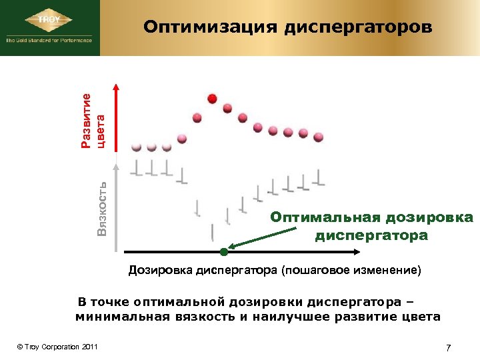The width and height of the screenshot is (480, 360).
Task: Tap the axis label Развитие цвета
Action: (x=93, y=120)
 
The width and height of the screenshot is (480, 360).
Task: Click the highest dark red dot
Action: (x=212, y=99)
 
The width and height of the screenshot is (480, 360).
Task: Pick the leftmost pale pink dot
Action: (x=137, y=146)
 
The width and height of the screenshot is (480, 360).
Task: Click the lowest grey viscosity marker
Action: (x=212, y=233)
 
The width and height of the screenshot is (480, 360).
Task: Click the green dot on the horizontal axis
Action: (x=223, y=252)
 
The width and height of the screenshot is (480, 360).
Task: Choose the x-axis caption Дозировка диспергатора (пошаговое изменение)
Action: (x=275, y=271)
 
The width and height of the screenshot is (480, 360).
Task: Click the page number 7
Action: (x=448, y=347)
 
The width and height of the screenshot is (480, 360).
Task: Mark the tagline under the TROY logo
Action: (x=49, y=40)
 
